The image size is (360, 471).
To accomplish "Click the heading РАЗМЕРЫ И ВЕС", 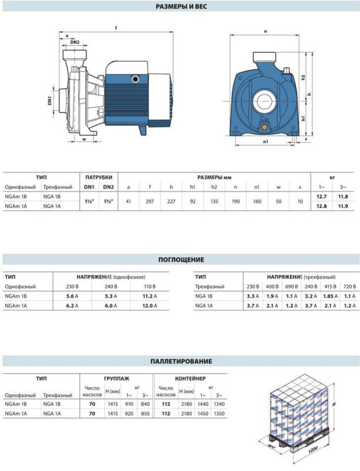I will pyautogui.click(x=181, y=7).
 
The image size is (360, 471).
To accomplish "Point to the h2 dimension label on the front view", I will pyautogui.click(x=302, y=78).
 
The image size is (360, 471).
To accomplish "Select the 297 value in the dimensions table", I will pyautogui.click(x=150, y=201).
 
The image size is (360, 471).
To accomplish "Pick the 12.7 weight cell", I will pyautogui.click(x=321, y=196).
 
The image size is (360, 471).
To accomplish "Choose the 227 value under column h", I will pyautogui.click(x=171, y=201).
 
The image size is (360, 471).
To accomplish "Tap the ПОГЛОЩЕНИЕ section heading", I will pyautogui.click(x=181, y=259).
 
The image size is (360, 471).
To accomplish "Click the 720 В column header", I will pyautogui.click(x=349, y=286).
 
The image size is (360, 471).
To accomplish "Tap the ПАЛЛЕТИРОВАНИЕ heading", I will pyautogui.click(x=181, y=361).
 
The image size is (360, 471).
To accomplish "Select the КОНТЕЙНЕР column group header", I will pyautogui.click(x=191, y=378).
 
